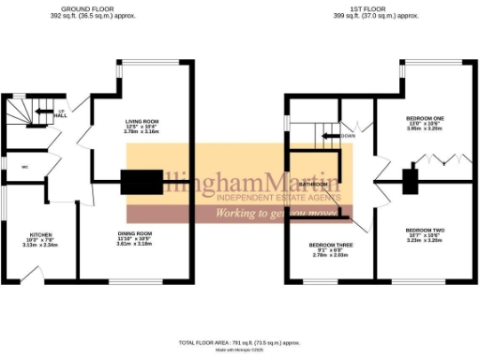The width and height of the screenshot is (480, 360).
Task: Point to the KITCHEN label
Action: (x=40, y=234)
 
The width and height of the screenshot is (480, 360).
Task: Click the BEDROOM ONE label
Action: (x=427, y=118)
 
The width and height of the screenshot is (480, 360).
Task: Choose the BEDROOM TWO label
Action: (x=425, y=230)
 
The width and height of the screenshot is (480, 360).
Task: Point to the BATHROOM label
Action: (x=312, y=185)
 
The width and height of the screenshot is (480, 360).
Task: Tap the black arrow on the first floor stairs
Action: (x=330, y=135)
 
